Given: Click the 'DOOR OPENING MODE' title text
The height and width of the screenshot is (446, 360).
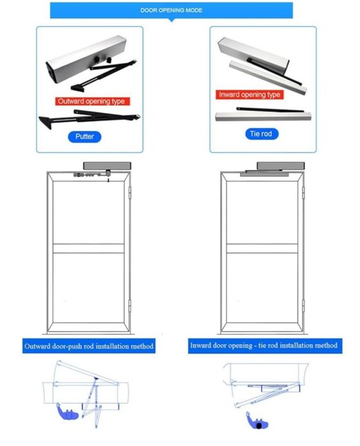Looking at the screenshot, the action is (x=171, y=10).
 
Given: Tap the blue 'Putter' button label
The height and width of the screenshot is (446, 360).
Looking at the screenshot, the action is (x=84, y=137).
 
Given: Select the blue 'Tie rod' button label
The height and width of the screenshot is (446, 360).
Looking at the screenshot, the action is (x=262, y=134).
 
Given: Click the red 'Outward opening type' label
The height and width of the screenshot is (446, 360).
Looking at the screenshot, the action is (x=92, y=101).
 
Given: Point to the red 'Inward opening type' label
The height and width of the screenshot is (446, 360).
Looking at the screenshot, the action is (x=250, y=94).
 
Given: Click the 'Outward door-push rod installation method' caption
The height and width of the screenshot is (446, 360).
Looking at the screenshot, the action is (x=89, y=346).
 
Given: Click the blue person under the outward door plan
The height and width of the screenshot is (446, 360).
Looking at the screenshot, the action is (x=67, y=412).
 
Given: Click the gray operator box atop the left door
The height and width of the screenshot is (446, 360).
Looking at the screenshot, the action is (x=107, y=166).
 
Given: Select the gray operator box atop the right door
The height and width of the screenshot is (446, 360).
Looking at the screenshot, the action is (x=281, y=166).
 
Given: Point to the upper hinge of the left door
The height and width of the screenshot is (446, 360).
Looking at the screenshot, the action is (x=130, y=192).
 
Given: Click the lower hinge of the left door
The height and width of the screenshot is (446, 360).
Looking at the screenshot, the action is (x=130, y=305).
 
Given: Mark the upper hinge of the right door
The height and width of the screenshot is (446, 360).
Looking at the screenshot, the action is (x=303, y=192).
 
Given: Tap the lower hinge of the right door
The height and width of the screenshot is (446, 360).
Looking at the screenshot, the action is (x=303, y=305).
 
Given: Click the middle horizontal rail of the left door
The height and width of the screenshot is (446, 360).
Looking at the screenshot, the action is (x=89, y=248).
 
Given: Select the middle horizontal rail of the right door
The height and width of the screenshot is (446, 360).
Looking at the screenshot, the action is (x=262, y=248).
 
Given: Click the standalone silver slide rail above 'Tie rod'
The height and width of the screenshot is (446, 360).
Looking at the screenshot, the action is (x=263, y=116).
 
